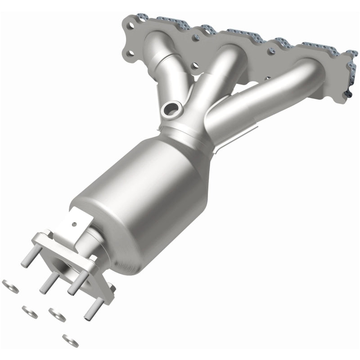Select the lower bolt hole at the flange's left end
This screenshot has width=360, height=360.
click(x=130, y=55)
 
